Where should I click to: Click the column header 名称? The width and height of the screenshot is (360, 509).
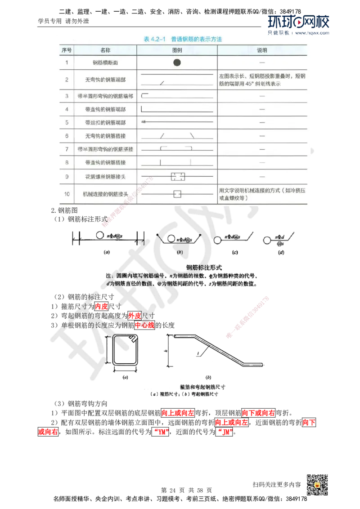105,50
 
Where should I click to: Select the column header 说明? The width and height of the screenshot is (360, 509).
262,50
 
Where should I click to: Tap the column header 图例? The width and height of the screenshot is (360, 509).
177,50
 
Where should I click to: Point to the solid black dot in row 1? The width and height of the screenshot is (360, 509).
177,63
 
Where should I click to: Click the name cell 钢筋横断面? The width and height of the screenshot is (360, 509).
105,63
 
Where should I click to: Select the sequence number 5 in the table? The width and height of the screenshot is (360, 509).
67,122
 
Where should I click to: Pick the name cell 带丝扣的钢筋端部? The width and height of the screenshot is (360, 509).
106,122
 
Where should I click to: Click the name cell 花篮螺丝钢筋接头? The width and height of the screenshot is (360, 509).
106,176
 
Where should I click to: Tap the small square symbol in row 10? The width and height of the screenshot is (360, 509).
177,194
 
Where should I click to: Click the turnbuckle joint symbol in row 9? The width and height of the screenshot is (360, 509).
178,176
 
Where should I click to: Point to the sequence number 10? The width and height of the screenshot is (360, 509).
67,194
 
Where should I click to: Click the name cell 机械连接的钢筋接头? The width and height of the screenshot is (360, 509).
106,194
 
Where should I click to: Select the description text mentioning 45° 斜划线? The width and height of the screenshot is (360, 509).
262,80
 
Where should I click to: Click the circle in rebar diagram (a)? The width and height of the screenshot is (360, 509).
99,235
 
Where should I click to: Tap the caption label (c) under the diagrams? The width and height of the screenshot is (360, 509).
234,253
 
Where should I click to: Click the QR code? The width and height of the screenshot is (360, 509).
317,485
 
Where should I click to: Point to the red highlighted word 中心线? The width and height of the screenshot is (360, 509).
144,324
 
